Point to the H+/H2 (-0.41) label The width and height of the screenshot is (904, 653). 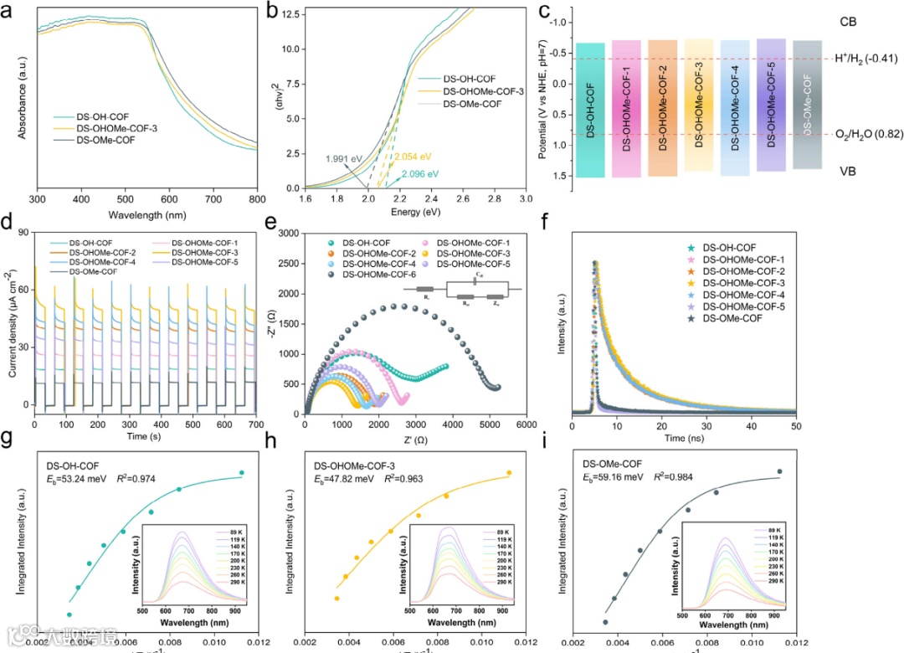[865, 59]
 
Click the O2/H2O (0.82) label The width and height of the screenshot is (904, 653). [866, 134]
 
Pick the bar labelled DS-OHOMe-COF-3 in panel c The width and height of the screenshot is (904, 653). [699, 105]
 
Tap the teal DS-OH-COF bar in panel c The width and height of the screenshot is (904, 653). [590, 110]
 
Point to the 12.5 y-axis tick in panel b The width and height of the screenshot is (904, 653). [289, 12]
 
